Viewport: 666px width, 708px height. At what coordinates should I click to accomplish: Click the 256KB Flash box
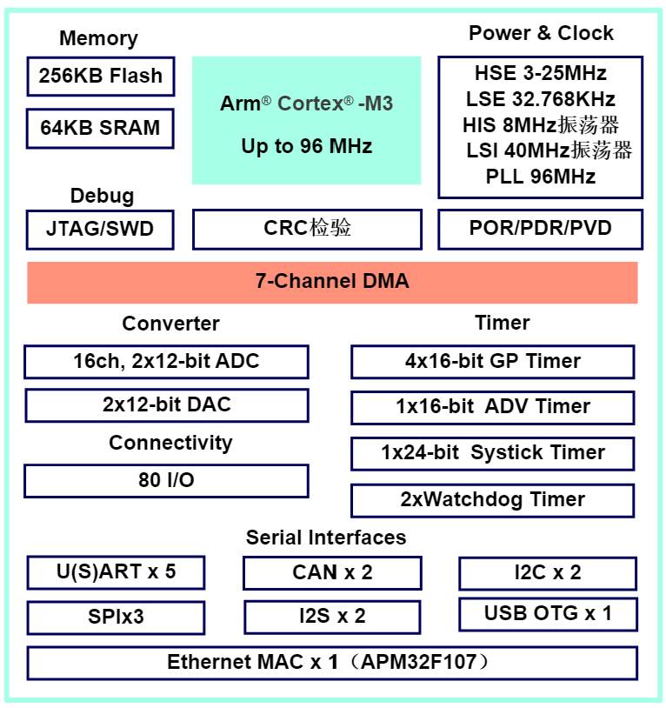[101, 77]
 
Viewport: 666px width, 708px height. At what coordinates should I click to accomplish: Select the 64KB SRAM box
[100, 128]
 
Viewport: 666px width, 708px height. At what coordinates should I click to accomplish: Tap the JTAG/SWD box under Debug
[100, 230]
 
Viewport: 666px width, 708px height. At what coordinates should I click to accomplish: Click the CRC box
[307, 229]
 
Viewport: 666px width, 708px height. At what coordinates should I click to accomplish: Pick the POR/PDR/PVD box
[541, 229]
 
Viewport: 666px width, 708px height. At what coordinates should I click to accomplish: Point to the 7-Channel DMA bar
[332, 282]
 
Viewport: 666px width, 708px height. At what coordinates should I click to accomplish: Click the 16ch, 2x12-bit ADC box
[167, 362]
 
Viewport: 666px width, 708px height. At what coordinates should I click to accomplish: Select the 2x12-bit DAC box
[167, 405]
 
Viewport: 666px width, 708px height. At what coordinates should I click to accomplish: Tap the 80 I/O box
[167, 481]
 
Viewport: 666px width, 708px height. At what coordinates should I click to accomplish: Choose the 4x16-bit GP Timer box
[493, 362]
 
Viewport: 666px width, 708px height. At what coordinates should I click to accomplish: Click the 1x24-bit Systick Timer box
[493, 453]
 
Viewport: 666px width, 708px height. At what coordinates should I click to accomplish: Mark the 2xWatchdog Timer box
[493, 500]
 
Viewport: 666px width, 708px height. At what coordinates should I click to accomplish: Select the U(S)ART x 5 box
[116, 572]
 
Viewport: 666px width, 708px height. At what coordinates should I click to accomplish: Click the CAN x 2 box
[332, 573]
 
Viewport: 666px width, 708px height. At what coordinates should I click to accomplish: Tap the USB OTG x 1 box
[549, 614]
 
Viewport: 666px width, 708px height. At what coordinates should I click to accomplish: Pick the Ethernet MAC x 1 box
[332, 663]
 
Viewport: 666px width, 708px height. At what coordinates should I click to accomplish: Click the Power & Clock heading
[541, 33]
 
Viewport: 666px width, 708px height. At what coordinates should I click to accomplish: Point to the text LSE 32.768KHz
[541, 99]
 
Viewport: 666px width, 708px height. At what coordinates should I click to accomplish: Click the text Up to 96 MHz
[307, 146]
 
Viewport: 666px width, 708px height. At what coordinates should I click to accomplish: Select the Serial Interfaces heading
[326, 538]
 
